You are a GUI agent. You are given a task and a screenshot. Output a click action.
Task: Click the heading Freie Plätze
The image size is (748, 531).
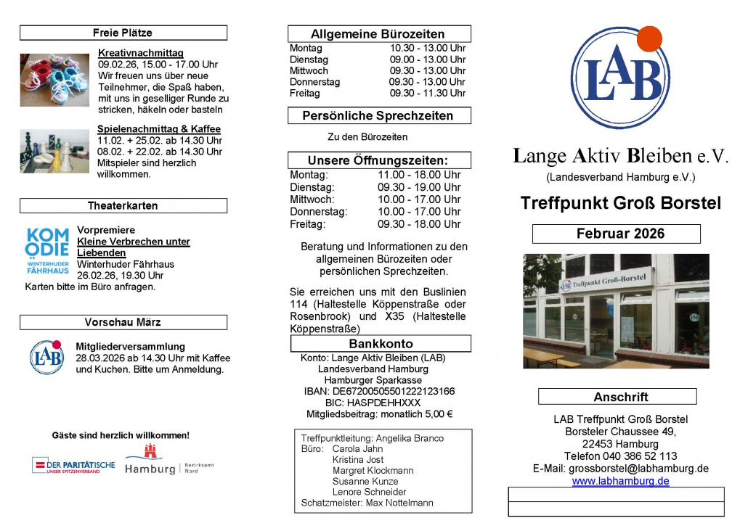(x=123, y=33)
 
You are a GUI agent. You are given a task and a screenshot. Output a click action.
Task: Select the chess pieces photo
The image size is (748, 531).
(x=54, y=151)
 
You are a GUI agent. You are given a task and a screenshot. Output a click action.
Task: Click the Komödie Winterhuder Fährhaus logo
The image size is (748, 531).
(x=48, y=250)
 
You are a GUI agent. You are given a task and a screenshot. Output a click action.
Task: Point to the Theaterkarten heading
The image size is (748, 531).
(x=123, y=206)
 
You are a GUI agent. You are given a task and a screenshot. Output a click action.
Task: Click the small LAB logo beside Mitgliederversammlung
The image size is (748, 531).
(x=46, y=357)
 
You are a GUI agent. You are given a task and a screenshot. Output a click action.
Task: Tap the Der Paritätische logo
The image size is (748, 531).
(x=73, y=465)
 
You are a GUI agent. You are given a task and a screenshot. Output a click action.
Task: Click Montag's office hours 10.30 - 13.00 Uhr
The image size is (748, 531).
(x=427, y=49)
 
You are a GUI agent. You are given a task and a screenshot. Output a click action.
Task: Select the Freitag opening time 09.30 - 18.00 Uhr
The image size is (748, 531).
(x=419, y=224)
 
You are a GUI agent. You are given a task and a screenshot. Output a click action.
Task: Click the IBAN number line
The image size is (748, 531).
(x=379, y=392)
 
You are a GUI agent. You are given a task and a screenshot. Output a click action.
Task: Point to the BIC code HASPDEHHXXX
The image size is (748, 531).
(x=379, y=403)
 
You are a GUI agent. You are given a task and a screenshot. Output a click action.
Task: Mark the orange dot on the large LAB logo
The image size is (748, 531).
(x=649, y=38)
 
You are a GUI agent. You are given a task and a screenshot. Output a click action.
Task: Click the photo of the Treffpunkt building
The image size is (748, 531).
(x=616, y=310)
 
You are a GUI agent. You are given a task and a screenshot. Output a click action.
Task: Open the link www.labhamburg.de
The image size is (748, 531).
(x=620, y=481)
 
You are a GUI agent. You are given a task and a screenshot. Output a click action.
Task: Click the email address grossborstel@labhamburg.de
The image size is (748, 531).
(x=638, y=469)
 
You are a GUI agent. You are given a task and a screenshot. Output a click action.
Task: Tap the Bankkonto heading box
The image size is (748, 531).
(x=381, y=344)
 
